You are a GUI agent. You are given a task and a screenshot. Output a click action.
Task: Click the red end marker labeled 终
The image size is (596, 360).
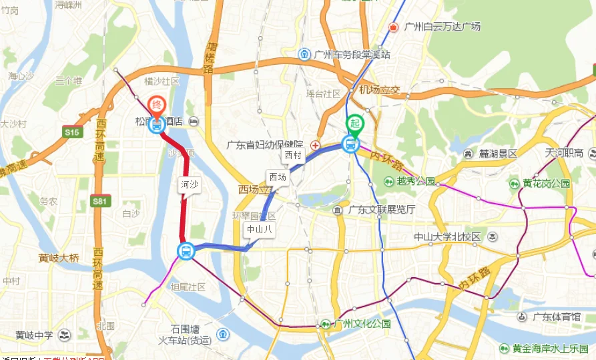156,106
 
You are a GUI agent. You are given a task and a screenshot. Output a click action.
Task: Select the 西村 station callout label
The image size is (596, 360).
292,155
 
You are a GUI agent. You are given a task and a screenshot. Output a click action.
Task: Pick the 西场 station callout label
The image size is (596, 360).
277,177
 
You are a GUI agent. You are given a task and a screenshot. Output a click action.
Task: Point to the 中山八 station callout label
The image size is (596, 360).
259,229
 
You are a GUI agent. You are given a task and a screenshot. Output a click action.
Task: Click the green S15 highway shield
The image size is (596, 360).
72,133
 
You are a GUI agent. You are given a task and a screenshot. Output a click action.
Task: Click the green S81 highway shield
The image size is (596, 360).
99,200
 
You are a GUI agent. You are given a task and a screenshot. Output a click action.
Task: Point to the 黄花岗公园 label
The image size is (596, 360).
546,183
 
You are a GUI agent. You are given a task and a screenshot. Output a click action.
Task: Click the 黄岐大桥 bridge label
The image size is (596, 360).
59,258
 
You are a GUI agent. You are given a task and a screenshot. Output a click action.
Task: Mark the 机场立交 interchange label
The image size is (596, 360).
378,90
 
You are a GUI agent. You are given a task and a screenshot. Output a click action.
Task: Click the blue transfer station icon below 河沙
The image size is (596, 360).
186,251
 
